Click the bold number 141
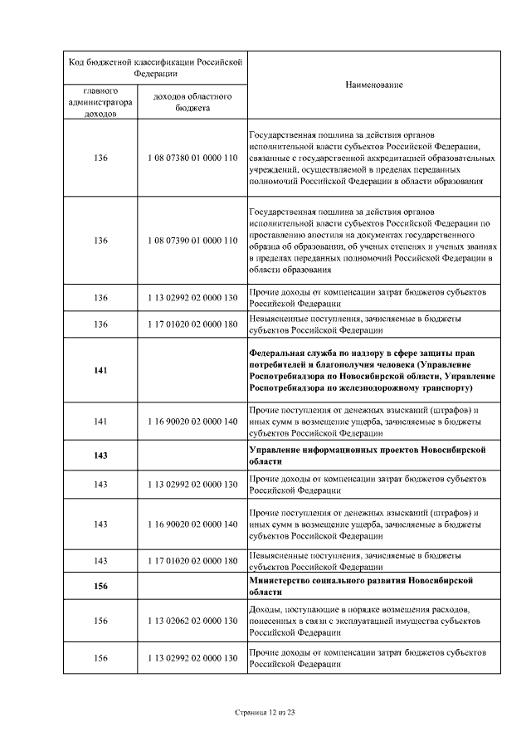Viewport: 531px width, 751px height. coord(100,370)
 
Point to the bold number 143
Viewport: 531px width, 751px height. coord(100,456)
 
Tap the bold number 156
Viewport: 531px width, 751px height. coord(100,586)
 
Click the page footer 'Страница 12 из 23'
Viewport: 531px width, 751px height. coord(265,712)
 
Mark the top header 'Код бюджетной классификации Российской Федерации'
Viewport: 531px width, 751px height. coord(154,67)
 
